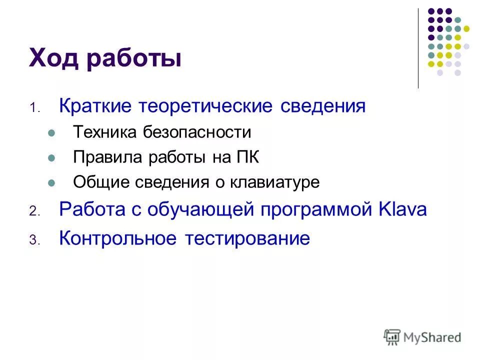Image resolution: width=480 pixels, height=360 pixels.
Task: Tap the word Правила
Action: point(104,157)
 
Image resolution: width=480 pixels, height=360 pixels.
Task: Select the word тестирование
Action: point(248,238)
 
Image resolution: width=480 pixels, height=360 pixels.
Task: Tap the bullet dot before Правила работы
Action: point(51,158)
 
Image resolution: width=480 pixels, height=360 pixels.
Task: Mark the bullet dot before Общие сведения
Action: point(51,183)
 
